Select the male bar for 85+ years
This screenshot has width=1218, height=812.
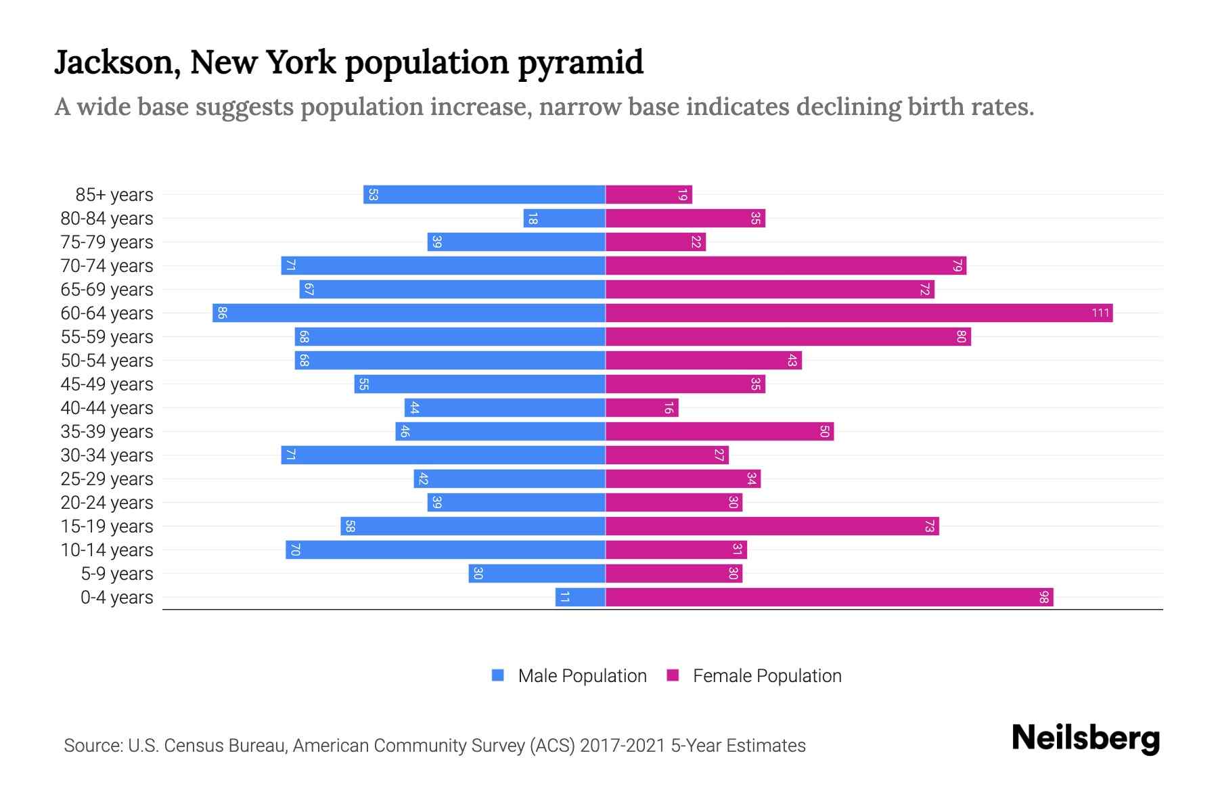click(x=484, y=195)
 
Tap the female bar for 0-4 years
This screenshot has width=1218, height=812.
click(x=829, y=597)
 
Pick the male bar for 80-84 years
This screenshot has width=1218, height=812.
click(x=564, y=219)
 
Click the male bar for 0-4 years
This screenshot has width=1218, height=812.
click(x=580, y=597)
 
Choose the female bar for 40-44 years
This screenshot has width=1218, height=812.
click(x=641, y=408)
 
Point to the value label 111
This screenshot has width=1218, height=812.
click(x=1100, y=313)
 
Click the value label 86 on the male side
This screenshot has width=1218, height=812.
click(x=222, y=313)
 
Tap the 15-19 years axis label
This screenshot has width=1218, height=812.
click(x=107, y=526)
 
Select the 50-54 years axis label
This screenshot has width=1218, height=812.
click(x=107, y=361)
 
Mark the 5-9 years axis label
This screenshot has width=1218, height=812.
click(x=116, y=574)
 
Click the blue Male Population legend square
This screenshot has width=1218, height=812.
click(x=498, y=675)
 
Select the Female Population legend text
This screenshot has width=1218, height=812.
click(x=767, y=676)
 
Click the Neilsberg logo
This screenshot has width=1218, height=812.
click(x=1085, y=738)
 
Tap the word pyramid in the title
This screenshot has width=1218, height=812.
click(x=581, y=63)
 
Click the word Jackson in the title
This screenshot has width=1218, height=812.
click(x=116, y=63)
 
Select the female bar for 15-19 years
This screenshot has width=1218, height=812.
click(x=771, y=526)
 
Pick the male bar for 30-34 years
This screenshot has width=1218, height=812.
click(x=443, y=455)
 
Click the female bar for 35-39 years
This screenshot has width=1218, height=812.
click(x=719, y=432)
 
